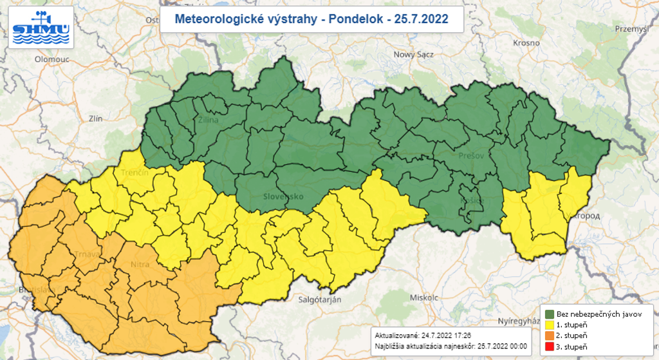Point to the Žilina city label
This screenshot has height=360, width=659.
209,120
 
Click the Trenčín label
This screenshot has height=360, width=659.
135,173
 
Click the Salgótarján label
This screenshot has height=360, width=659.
320,299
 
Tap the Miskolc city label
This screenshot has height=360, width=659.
423,298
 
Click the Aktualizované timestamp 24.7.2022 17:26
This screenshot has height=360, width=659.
446,336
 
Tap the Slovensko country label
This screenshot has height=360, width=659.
283,196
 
